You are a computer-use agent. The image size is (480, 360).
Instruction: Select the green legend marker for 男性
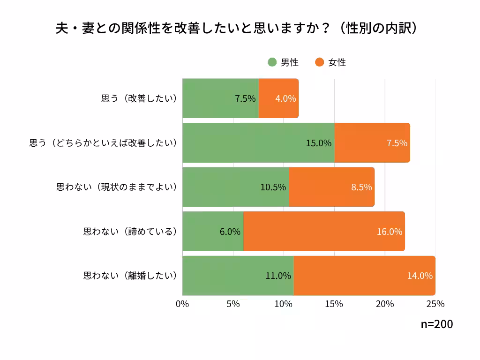point(272,62)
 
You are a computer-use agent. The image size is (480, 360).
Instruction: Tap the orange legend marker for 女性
point(320,62)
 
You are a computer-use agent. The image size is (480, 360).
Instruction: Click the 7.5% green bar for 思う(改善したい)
point(220,98)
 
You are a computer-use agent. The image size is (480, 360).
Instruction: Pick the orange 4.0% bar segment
point(278,98)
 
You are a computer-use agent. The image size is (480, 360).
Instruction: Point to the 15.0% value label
point(318,143)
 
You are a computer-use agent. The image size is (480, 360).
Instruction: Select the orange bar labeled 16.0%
point(323,232)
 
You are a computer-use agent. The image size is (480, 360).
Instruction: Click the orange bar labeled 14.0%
point(364,276)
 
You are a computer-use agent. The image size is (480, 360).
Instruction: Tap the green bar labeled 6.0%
point(212,232)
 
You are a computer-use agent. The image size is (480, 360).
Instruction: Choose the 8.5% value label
point(361,187)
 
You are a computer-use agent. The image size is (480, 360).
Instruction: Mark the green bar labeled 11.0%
point(238,276)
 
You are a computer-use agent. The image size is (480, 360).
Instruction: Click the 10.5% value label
point(273,187)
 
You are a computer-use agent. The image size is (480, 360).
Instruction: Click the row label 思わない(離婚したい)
point(130,276)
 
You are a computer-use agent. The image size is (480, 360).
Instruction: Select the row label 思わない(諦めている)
point(130,232)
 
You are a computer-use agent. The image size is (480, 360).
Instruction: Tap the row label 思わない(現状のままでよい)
point(116,187)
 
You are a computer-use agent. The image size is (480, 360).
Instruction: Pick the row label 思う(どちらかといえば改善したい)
point(103,143)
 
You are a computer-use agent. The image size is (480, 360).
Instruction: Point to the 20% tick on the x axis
point(385,304)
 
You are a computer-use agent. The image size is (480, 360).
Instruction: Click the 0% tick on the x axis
point(182,304)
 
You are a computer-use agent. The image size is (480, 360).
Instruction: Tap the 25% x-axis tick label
point(435,304)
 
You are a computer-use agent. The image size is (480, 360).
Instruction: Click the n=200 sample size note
point(436,324)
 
